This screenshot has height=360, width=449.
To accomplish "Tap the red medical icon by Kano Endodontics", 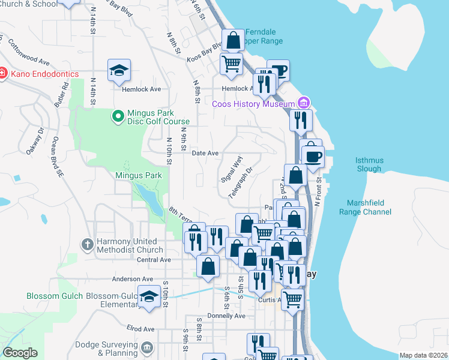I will [x=2, y=74].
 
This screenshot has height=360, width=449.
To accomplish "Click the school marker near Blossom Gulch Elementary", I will [x=149, y=297].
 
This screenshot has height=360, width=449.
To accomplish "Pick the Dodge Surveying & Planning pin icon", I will [x=148, y=349].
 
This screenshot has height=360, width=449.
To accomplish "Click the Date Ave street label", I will [x=205, y=153].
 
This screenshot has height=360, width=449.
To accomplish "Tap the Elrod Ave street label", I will [x=140, y=329].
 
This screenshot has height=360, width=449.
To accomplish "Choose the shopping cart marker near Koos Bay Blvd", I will [x=231, y=63].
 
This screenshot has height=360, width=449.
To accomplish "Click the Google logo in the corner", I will [x=20, y=352].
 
